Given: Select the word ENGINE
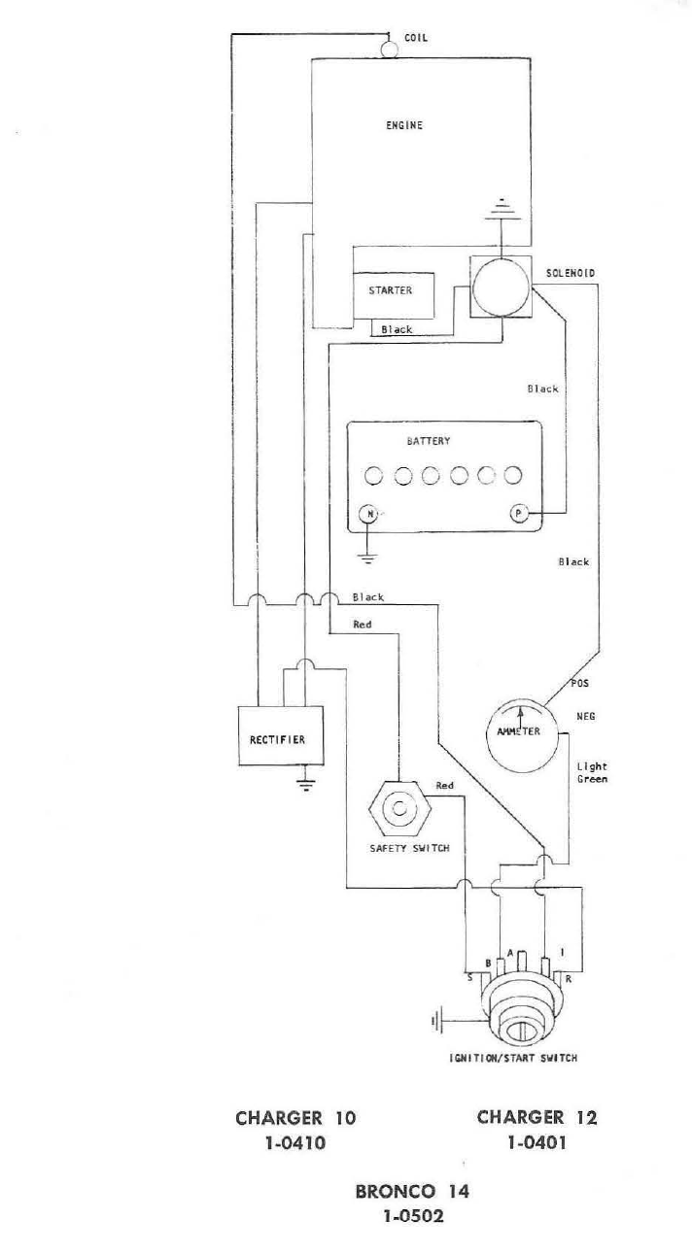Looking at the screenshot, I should pyautogui.click(x=404, y=125).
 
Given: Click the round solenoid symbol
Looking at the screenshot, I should pyautogui.click(x=500, y=287).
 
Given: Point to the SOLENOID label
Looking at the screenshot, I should pyautogui.click(x=564, y=273).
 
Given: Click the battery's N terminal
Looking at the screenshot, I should pyautogui.click(x=367, y=514).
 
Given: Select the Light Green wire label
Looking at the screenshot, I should pyautogui.click(x=591, y=772).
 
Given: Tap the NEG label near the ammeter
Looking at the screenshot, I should pyautogui.click(x=585, y=717).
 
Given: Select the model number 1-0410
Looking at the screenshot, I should pyautogui.click(x=295, y=1143).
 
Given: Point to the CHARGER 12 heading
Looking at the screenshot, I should pyautogui.click(x=536, y=1117).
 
